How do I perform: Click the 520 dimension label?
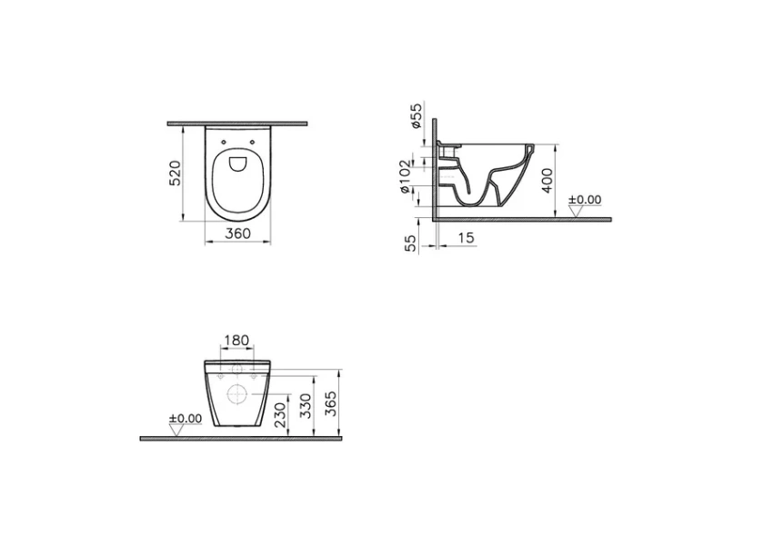[x=176, y=173]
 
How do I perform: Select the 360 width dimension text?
[x=237, y=233]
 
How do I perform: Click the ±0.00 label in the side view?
[x=585, y=199]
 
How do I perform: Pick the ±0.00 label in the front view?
[x=185, y=419]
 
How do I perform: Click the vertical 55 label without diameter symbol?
[x=410, y=243]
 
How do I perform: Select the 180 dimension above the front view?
[x=236, y=341]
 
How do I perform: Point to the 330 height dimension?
[x=306, y=406]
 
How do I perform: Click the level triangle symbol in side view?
[x=575, y=212]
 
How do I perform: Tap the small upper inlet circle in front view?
[x=236, y=370]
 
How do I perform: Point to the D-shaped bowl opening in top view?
[x=237, y=163]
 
